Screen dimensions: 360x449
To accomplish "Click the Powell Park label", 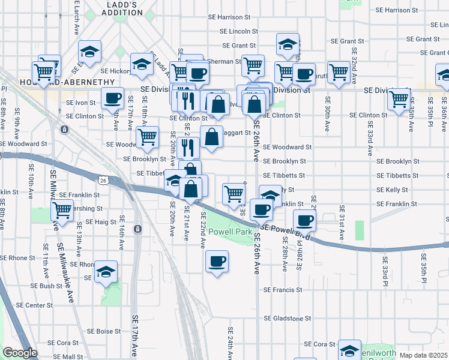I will coord(231,230).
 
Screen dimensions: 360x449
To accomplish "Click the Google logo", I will coord(20,353).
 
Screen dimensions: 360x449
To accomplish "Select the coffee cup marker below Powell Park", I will coord(217,261).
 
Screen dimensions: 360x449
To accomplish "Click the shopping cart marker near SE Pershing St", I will coord(62,210).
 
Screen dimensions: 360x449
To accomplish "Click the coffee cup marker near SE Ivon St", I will coord(112,98).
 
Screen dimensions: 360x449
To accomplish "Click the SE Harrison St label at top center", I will coord(229,17).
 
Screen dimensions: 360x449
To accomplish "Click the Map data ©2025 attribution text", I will coord(423,355).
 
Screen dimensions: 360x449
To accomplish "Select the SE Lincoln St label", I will coord(238,31).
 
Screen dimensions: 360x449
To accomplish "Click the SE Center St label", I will coord(34,305).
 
